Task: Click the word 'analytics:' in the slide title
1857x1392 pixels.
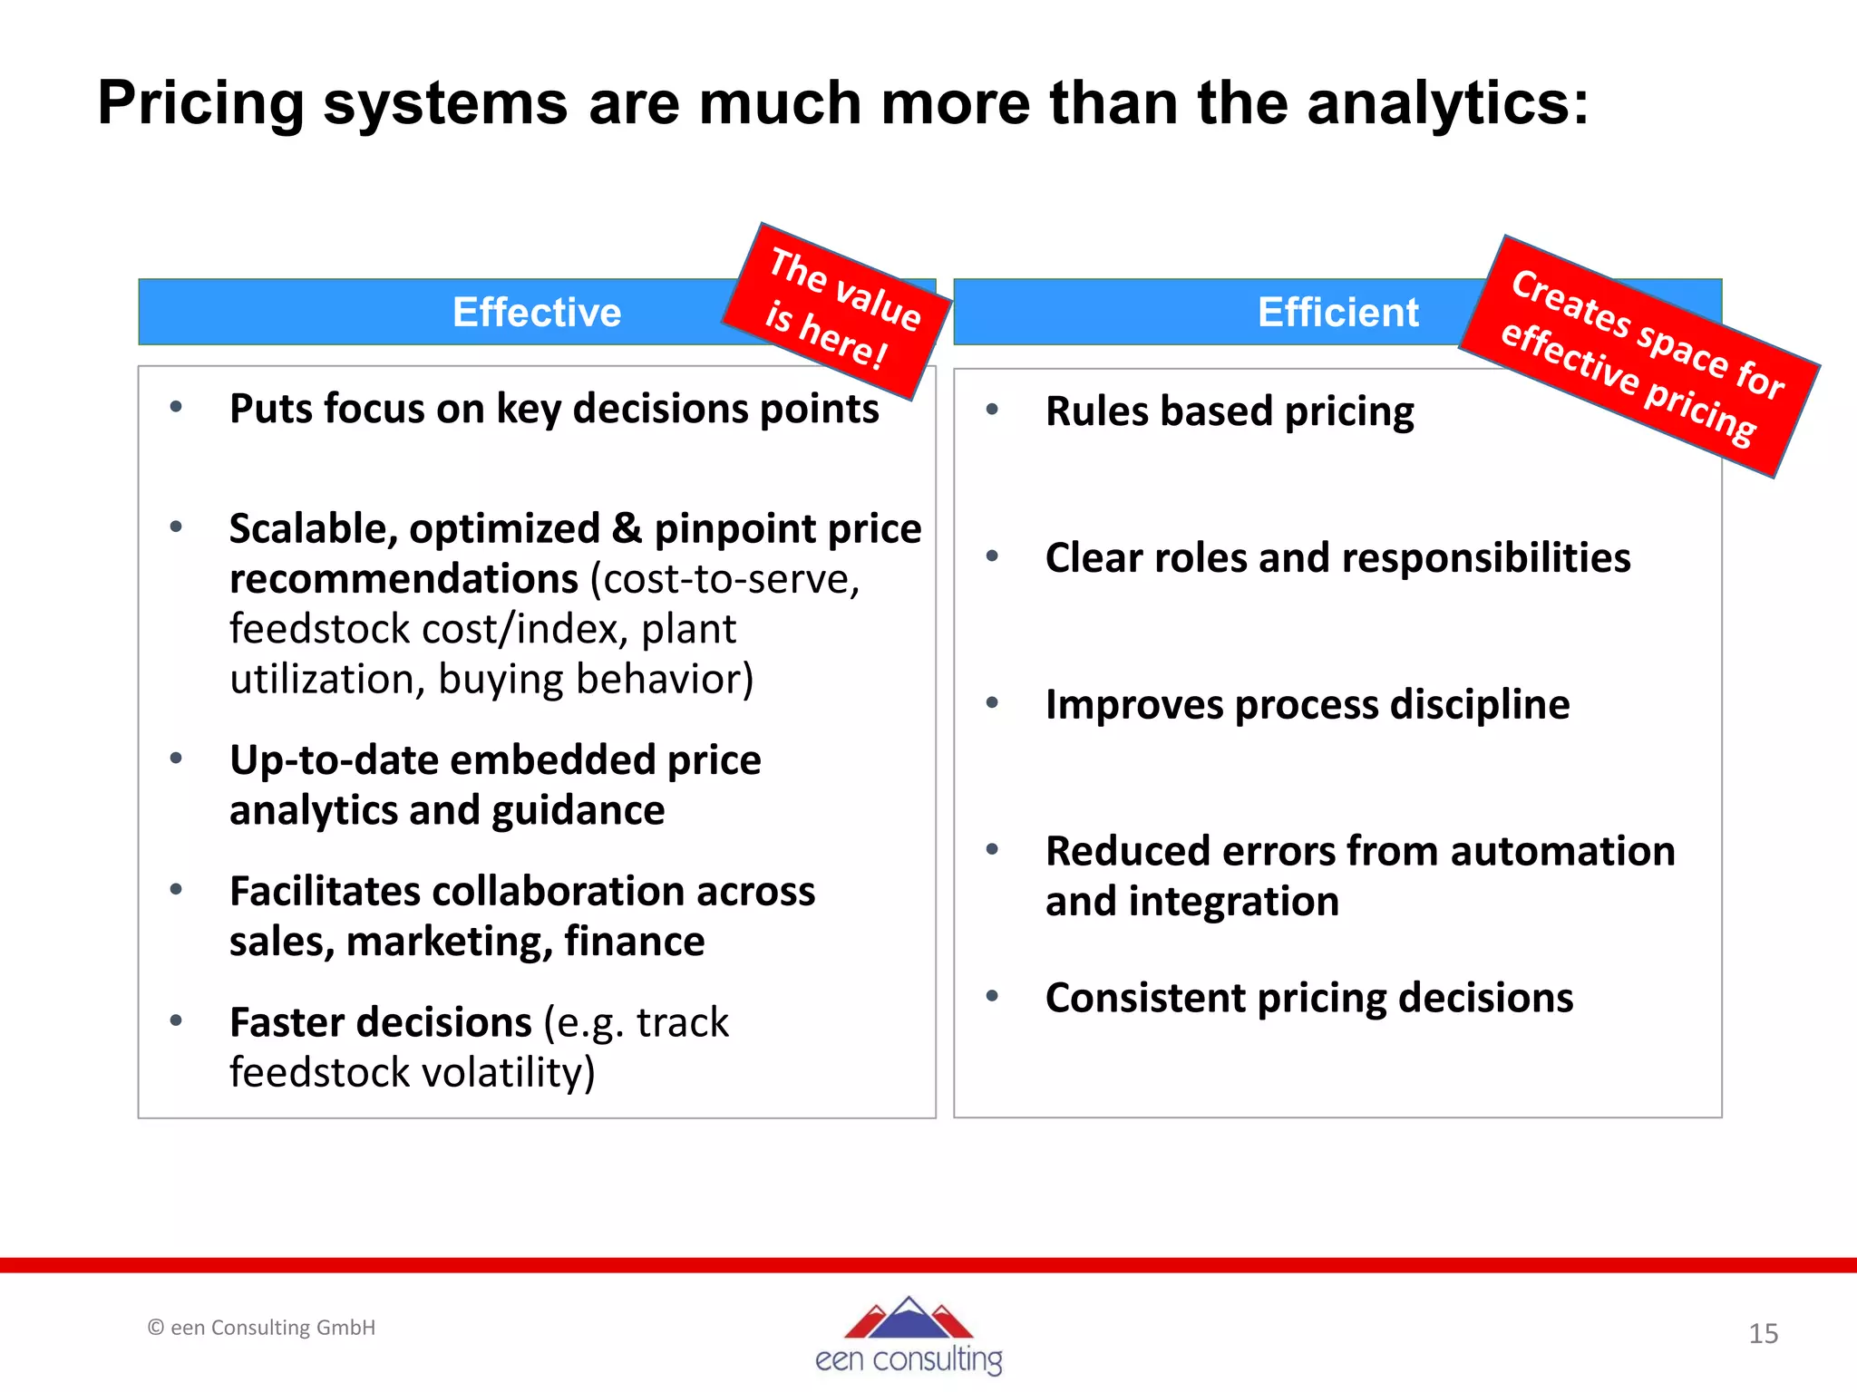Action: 1447,102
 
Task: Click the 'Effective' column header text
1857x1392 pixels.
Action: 537,313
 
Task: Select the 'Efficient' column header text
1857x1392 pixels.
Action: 1337,313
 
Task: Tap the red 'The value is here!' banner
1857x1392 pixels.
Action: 836,310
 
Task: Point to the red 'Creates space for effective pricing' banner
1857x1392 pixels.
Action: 1639,356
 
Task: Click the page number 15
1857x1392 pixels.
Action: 1763,1333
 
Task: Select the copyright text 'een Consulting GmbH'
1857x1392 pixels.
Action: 272,1328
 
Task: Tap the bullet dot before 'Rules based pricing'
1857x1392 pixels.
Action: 992,410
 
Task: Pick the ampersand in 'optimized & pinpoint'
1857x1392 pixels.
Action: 627,528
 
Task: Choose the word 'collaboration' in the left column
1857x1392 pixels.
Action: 557,892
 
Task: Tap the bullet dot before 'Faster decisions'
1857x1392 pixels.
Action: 176,1021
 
